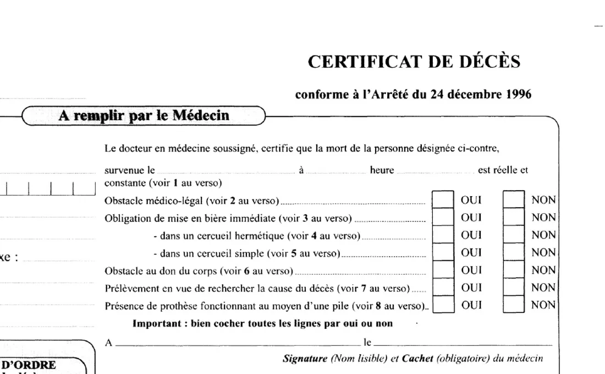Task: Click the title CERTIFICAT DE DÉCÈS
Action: tap(414, 62)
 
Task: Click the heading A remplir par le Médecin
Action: tap(144, 116)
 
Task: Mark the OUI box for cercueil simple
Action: tap(443, 253)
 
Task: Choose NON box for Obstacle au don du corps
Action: tap(514, 270)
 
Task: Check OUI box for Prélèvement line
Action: tap(443, 288)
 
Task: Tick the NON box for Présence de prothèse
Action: tap(514, 305)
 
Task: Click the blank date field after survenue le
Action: tap(226, 171)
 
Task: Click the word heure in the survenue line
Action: tap(382, 171)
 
